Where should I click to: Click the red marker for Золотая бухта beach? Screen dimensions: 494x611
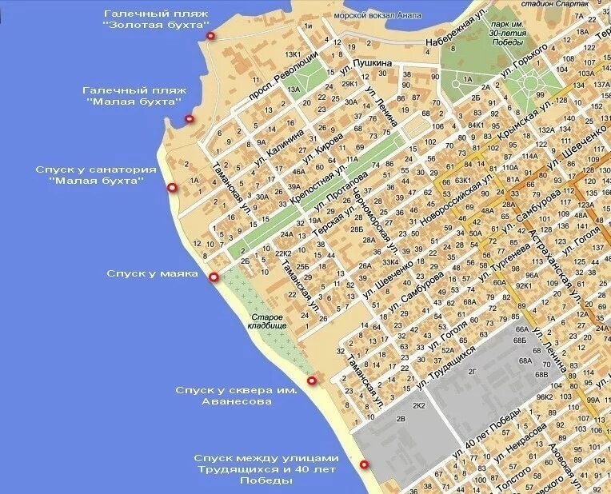[210, 35]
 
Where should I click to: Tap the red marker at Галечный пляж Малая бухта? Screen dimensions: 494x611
[190, 119]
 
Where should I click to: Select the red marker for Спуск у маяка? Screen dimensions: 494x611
[214, 277]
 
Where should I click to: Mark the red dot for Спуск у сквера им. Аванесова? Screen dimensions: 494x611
[311, 380]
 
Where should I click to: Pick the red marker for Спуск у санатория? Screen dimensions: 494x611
[171, 187]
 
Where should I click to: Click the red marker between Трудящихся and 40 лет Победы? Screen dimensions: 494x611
[364, 464]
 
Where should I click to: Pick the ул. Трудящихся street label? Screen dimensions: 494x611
[452, 368]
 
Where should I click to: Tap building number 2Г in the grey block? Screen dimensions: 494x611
[472, 371]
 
